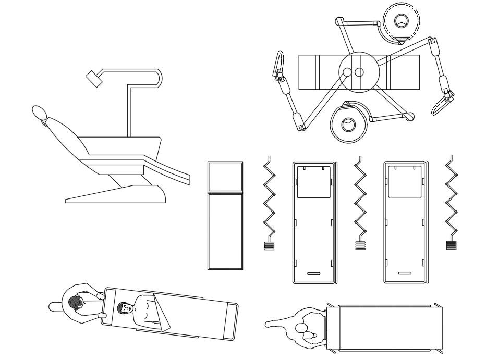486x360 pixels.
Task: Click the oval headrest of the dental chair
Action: coord(39,113)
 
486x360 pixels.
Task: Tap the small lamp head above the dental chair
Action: coord(94,78)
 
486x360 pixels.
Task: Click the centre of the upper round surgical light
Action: coord(400,23)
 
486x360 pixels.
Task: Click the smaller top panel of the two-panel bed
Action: coord(225,177)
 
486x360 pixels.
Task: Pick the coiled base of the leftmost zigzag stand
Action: coord(269,245)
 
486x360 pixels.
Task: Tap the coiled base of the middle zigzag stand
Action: coord(360,245)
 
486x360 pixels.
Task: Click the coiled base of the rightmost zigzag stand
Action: coord(451,245)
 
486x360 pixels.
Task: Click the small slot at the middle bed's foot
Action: coord(313,273)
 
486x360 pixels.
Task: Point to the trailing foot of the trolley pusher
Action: coord(276,324)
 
